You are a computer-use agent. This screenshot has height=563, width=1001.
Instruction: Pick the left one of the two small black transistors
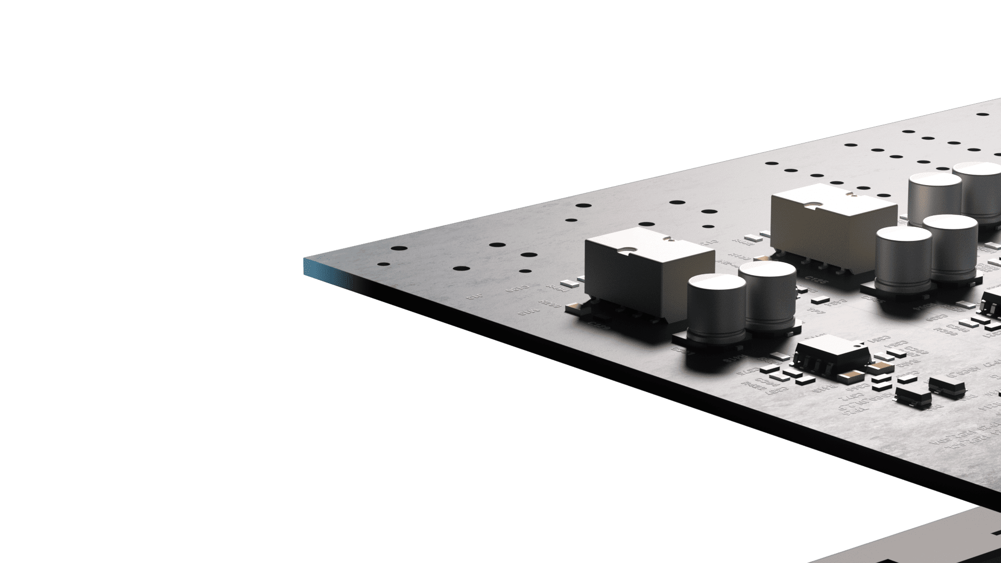pyautogui.click(x=913, y=395)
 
